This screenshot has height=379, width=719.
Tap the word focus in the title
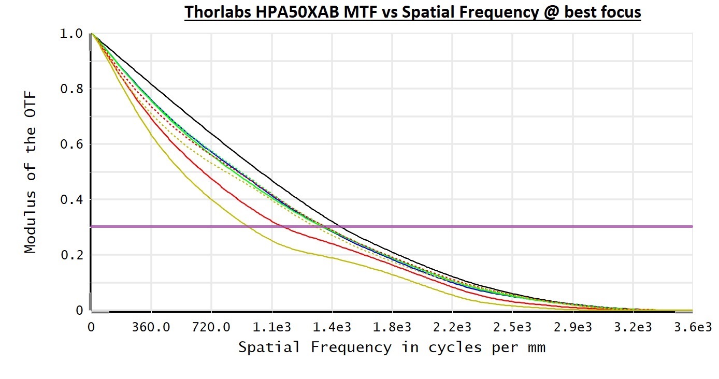(x=620, y=12)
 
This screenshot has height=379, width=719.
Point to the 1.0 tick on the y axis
(x=71, y=34)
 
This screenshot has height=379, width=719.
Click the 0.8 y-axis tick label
(x=71, y=89)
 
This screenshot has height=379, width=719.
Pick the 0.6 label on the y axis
(x=71, y=144)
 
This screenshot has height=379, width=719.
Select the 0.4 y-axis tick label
(x=71, y=200)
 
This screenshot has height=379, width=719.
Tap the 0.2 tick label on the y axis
(x=71, y=255)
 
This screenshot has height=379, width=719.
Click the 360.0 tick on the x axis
(x=151, y=328)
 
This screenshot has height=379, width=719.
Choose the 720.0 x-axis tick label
(x=211, y=328)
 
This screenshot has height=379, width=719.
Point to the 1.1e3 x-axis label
(x=271, y=328)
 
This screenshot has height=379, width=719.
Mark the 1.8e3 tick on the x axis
(x=392, y=328)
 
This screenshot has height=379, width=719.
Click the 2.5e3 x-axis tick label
(x=512, y=328)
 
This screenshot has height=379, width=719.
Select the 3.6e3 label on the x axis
(x=693, y=328)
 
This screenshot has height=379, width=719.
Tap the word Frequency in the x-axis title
(x=351, y=347)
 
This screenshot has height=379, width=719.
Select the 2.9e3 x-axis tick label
(x=572, y=328)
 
